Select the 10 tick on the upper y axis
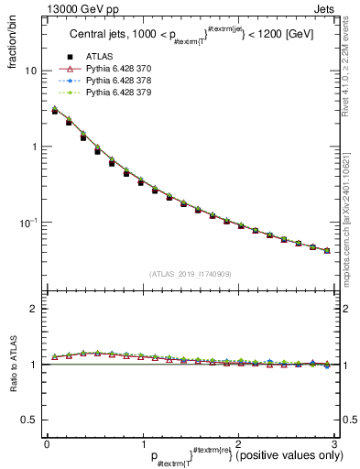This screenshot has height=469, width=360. (31, 71)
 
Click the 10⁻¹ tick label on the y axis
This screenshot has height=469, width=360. (28, 223)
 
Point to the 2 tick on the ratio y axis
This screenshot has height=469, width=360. (35, 309)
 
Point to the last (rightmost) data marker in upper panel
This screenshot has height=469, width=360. (327, 250)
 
